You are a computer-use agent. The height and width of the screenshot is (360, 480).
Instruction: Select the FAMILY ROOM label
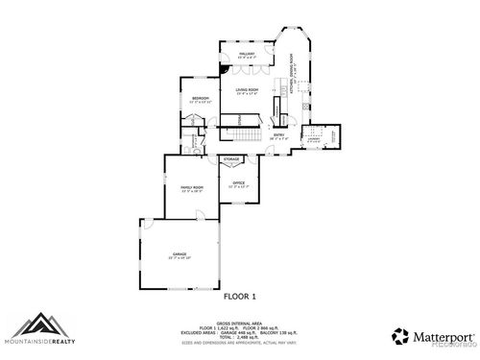click(x=192, y=188)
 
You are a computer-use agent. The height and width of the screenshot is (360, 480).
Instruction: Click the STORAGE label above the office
click(x=231, y=158)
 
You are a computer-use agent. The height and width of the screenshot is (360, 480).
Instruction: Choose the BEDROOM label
click(x=200, y=99)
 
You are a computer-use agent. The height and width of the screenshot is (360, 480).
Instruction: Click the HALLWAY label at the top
click(x=246, y=55)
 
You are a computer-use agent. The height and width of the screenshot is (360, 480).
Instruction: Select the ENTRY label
click(x=278, y=135)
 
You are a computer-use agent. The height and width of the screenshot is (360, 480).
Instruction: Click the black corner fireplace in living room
click(x=223, y=69)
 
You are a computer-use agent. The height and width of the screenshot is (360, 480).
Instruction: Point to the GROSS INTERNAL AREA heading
click(x=240, y=324)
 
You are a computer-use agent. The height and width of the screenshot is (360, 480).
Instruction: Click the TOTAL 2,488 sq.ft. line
click(x=240, y=338)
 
